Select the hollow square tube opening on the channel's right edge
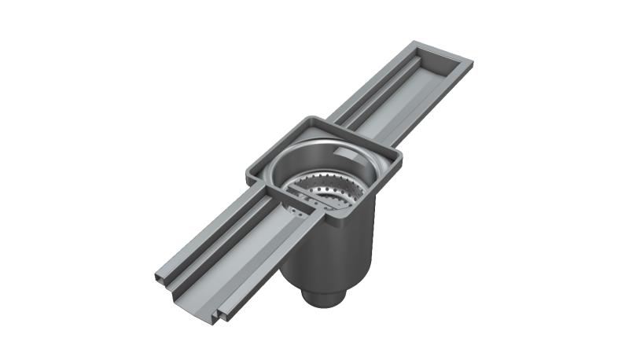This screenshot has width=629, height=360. tap(224, 314)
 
